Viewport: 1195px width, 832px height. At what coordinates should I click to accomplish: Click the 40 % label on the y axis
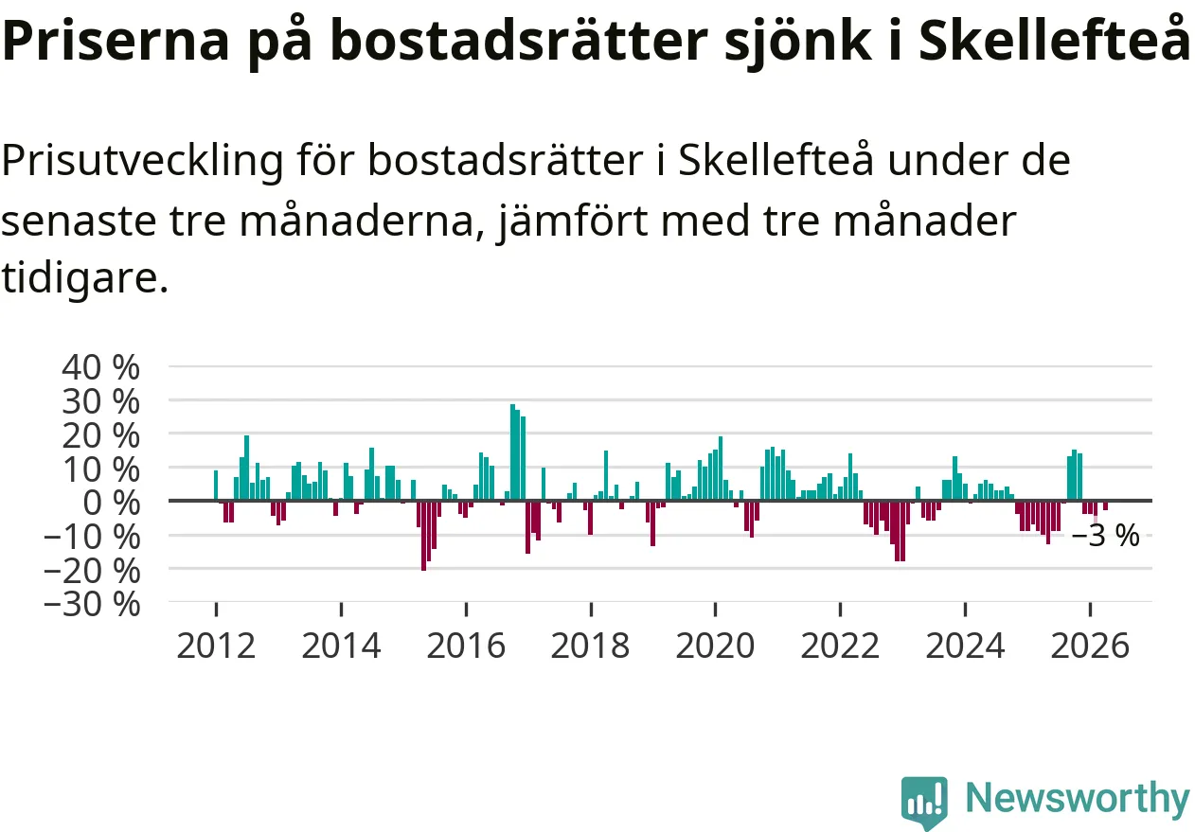(100, 367)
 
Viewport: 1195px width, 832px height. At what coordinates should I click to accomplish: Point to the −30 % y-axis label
(92, 605)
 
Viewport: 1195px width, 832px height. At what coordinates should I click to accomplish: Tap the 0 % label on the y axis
(111, 503)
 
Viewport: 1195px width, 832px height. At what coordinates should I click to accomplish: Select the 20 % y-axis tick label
(100, 435)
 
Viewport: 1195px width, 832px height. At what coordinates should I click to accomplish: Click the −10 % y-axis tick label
(92, 537)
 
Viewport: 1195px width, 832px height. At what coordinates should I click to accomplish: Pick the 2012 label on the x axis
(216, 646)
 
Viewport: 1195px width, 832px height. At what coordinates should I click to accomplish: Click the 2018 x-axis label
(591, 646)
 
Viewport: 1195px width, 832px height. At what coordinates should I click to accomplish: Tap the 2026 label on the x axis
(1090, 646)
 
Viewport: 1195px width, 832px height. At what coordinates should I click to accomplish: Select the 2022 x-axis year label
(840, 646)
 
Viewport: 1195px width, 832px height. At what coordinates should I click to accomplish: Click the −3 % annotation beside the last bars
(1105, 536)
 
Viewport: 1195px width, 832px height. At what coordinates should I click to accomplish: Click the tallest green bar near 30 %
(512, 452)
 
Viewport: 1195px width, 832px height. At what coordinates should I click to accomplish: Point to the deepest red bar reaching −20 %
(423, 536)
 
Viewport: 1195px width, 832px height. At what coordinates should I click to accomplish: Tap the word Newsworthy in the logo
(1079, 798)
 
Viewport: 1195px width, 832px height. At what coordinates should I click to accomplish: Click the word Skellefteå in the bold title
(1054, 40)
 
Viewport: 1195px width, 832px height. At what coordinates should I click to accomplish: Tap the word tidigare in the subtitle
(85, 278)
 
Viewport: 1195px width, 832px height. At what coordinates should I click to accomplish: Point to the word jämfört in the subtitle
(572, 221)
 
